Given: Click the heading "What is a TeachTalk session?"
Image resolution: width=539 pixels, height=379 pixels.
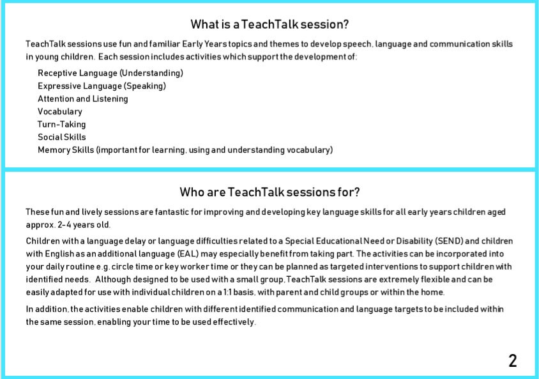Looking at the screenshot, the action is coord(269,24).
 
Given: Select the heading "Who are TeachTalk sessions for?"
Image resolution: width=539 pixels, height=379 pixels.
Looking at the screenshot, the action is coord(269,192).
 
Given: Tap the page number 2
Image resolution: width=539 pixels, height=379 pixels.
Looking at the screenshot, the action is coord(513,360).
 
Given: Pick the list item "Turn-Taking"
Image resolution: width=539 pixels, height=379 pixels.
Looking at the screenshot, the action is coord(61,124).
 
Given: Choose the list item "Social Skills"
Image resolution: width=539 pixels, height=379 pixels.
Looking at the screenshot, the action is coord(62,137).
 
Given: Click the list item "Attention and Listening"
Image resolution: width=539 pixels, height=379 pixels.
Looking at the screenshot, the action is coord(83,98).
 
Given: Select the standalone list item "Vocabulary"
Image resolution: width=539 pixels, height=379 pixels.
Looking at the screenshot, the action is coord(60,111).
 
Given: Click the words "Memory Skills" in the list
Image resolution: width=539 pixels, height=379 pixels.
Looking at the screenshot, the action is coord(66,150).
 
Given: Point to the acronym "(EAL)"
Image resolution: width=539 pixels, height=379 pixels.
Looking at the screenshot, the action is coord(188,254).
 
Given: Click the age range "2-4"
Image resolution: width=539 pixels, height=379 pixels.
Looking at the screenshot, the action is coord(65,224).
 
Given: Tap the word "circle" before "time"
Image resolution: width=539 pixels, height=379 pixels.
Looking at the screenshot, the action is coord(123,267).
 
